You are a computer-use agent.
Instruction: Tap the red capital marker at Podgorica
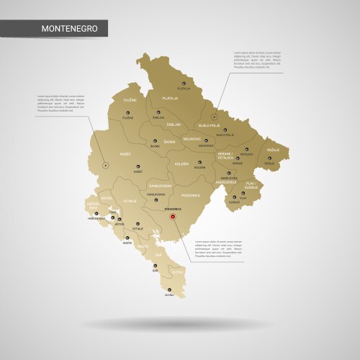coord(171,214)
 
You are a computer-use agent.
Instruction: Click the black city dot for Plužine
coord(127,112)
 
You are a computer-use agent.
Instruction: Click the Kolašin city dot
coord(199,161)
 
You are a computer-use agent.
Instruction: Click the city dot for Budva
coord(127,239)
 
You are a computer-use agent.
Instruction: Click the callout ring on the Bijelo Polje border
coord(213,115)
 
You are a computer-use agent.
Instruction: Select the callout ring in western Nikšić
coord(106,165)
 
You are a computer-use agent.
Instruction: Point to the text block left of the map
coord(66,104)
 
